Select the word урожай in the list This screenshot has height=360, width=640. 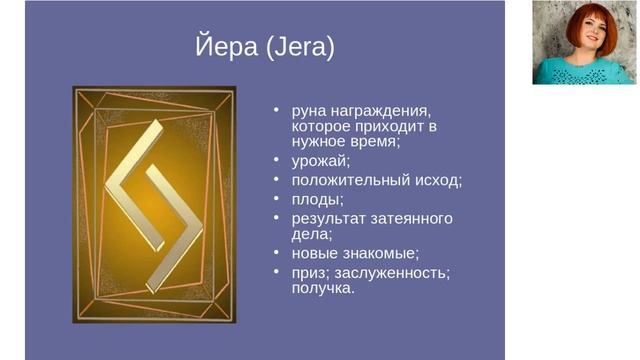click(320, 160)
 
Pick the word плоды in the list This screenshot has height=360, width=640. click(315, 199)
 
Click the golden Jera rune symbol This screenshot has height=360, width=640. click(154, 205)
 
